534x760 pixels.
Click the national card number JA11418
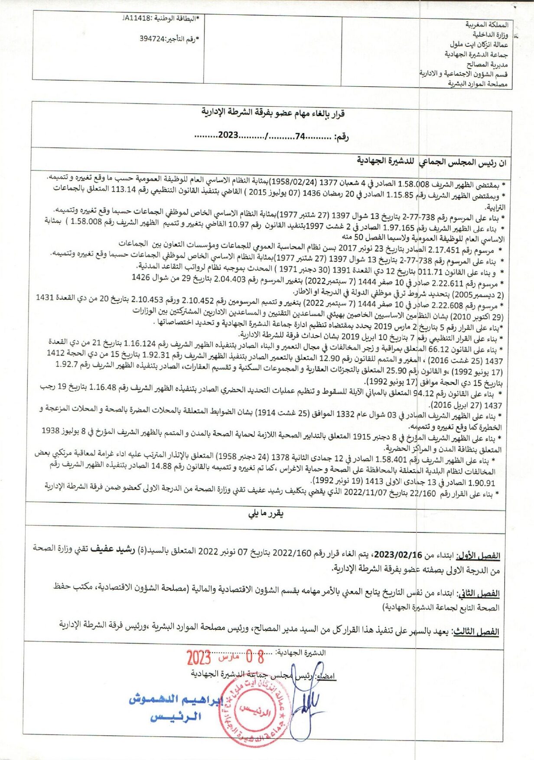[137, 18]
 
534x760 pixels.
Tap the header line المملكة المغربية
[487, 24]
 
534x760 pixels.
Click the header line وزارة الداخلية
[490, 34]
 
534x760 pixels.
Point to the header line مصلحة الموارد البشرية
[477, 84]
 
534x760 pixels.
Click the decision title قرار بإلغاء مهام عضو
[273, 113]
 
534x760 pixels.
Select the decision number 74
[300, 136]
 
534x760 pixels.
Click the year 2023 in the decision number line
[228, 135]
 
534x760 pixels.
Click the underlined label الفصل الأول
[484, 556]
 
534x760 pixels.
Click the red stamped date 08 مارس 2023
[225, 658]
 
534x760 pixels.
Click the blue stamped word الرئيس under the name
[176, 717]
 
